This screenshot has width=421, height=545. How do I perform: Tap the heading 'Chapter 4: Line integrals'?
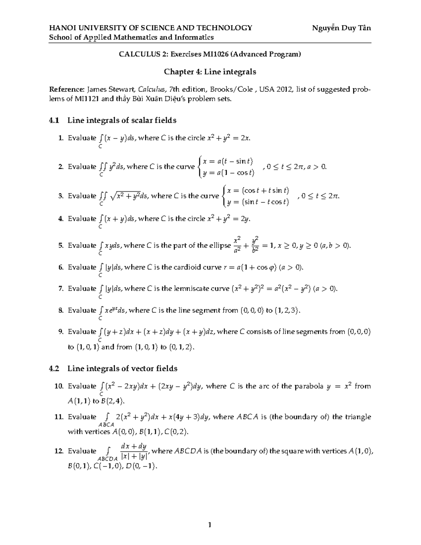coord(210,72)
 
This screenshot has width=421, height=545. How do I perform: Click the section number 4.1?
coord(54,120)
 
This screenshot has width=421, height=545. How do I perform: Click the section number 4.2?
coord(54,368)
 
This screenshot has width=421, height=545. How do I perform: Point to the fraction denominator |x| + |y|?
coord(135,457)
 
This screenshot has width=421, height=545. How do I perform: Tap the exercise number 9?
coord(61,332)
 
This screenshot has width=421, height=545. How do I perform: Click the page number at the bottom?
coord(210,525)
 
